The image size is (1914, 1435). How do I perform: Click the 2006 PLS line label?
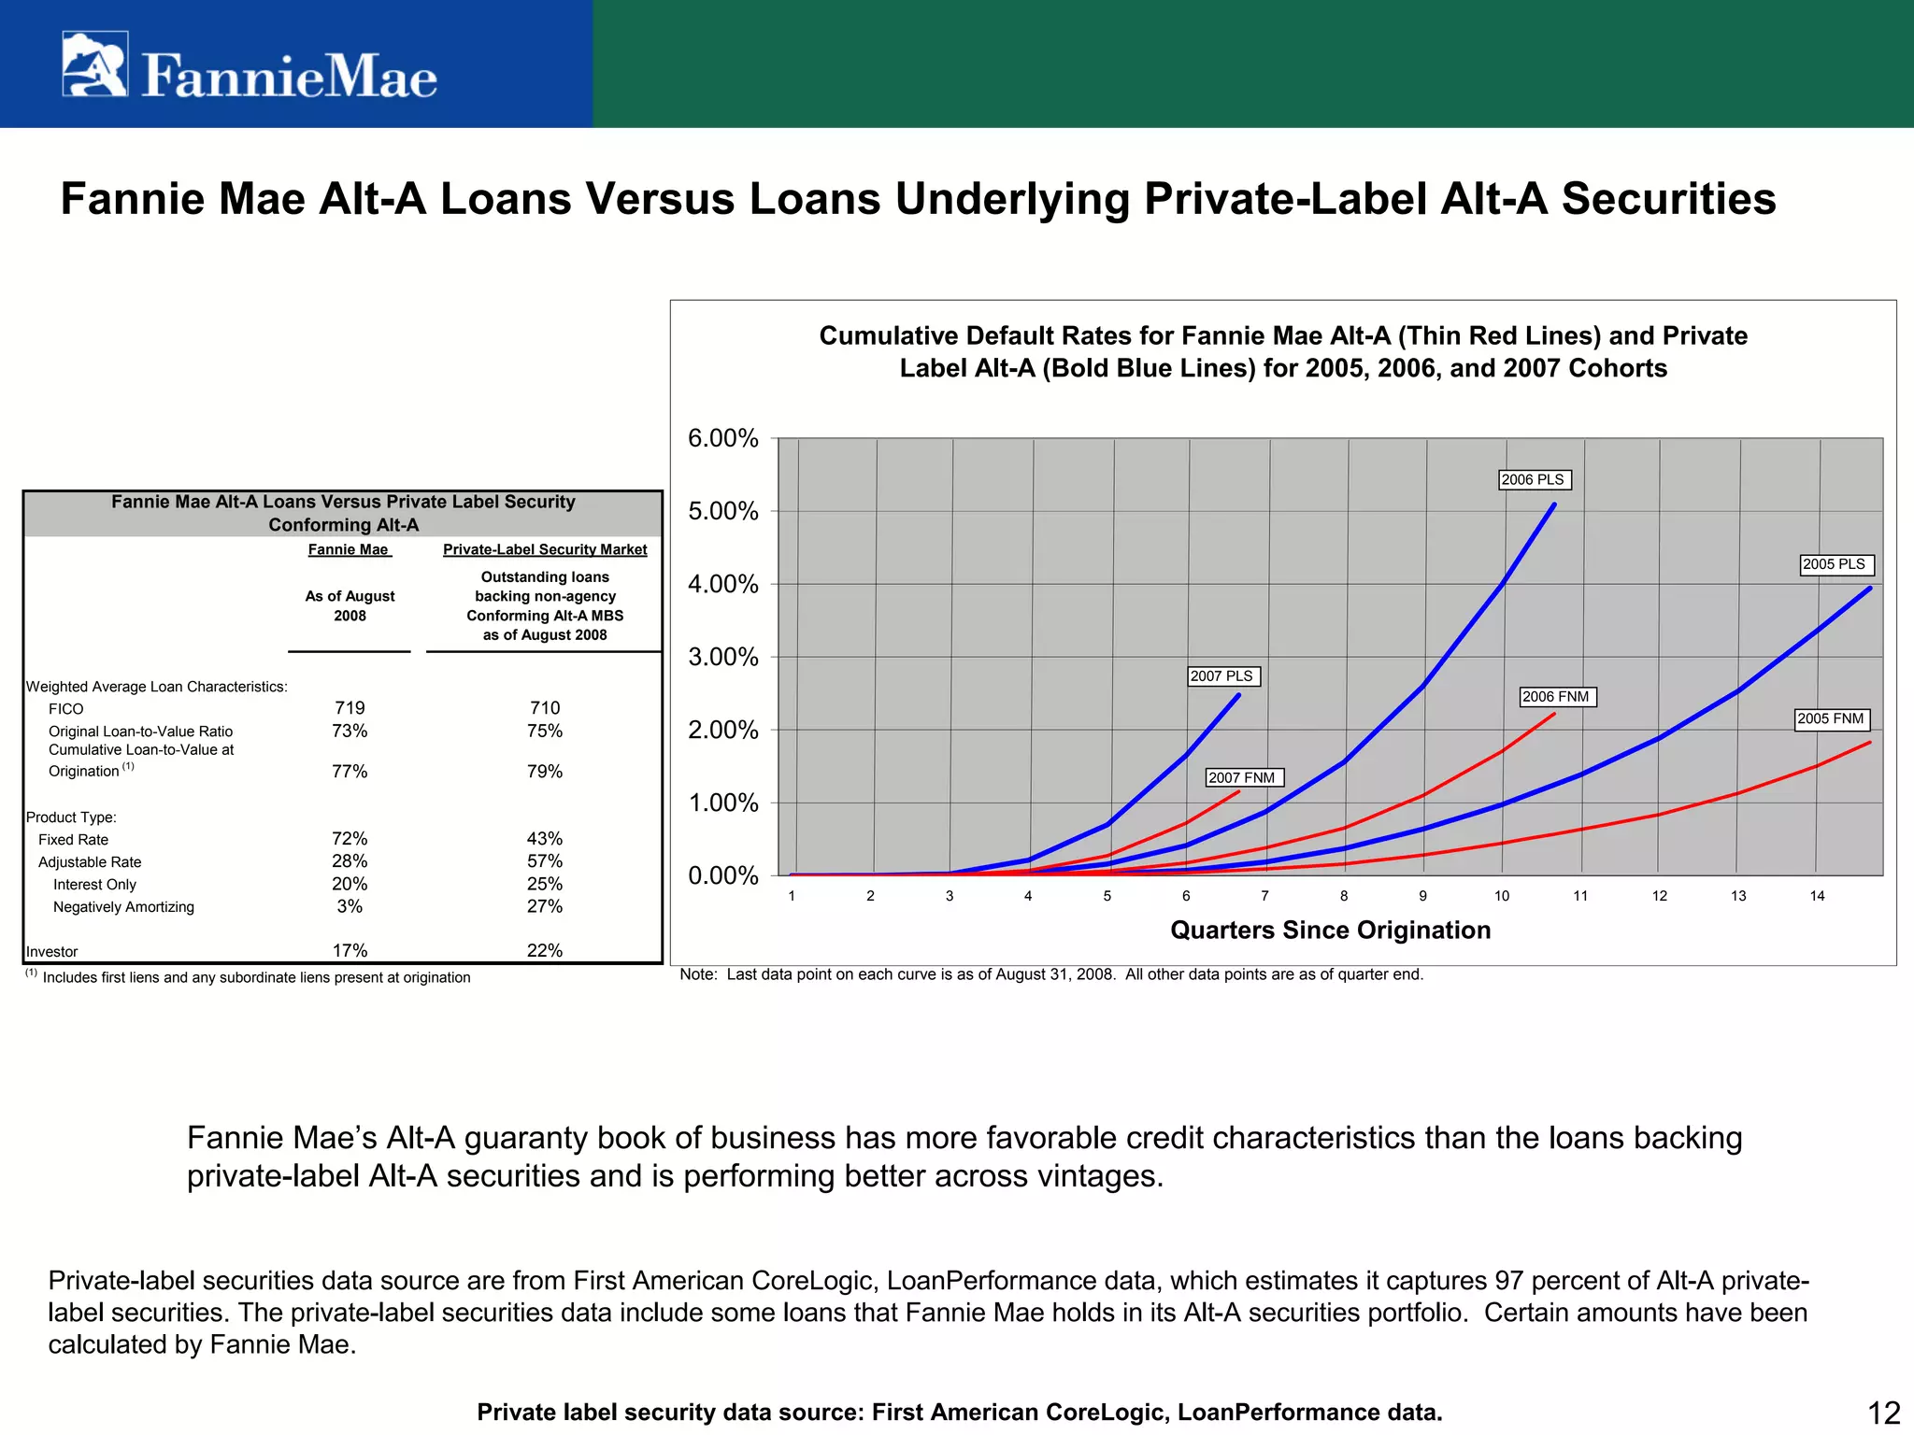pyautogui.click(x=1533, y=479)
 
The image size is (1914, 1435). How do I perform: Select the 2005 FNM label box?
pyautogui.click(x=1831, y=718)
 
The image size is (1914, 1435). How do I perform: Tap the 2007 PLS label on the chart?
pyautogui.click(x=1221, y=675)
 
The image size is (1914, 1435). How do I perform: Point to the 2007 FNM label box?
pyautogui.click(x=1242, y=777)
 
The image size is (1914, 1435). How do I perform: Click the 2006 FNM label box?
pyautogui.click(x=1556, y=696)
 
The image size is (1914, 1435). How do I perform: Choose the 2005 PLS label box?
pyautogui.click(x=1834, y=564)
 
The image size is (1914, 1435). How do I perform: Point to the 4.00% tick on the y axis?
pyautogui.click(x=722, y=584)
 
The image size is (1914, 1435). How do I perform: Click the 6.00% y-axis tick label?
pyautogui.click(x=722, y=438)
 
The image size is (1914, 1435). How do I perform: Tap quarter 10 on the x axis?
pyautogui.click(x=1501, y=896)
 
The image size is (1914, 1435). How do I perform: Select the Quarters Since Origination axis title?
pyautogui.click(x=1330, y=930)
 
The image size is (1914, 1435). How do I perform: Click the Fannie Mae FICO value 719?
pyautogui.click(x=350, y=708)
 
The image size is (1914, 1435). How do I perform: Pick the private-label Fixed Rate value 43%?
pyautogui.click(x=544, y=839)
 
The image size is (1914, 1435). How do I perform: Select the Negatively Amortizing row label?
pyautogui.click(x=123, y=907)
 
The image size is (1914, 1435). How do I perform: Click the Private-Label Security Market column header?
pyautogui.click(x=544, y=549)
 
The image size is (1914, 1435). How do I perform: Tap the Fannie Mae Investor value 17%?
pyautogui.click(x=350, y=950)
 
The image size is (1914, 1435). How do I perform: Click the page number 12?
pyautogui.click(x=1883, y=1413)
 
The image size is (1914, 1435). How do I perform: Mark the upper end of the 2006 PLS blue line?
pyautogui.click(x=1554, y=505)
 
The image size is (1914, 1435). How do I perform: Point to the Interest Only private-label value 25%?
pyautogui.click(x=544, y=884)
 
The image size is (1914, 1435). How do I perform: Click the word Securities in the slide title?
pyautogui.click(x=1668, y=198)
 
